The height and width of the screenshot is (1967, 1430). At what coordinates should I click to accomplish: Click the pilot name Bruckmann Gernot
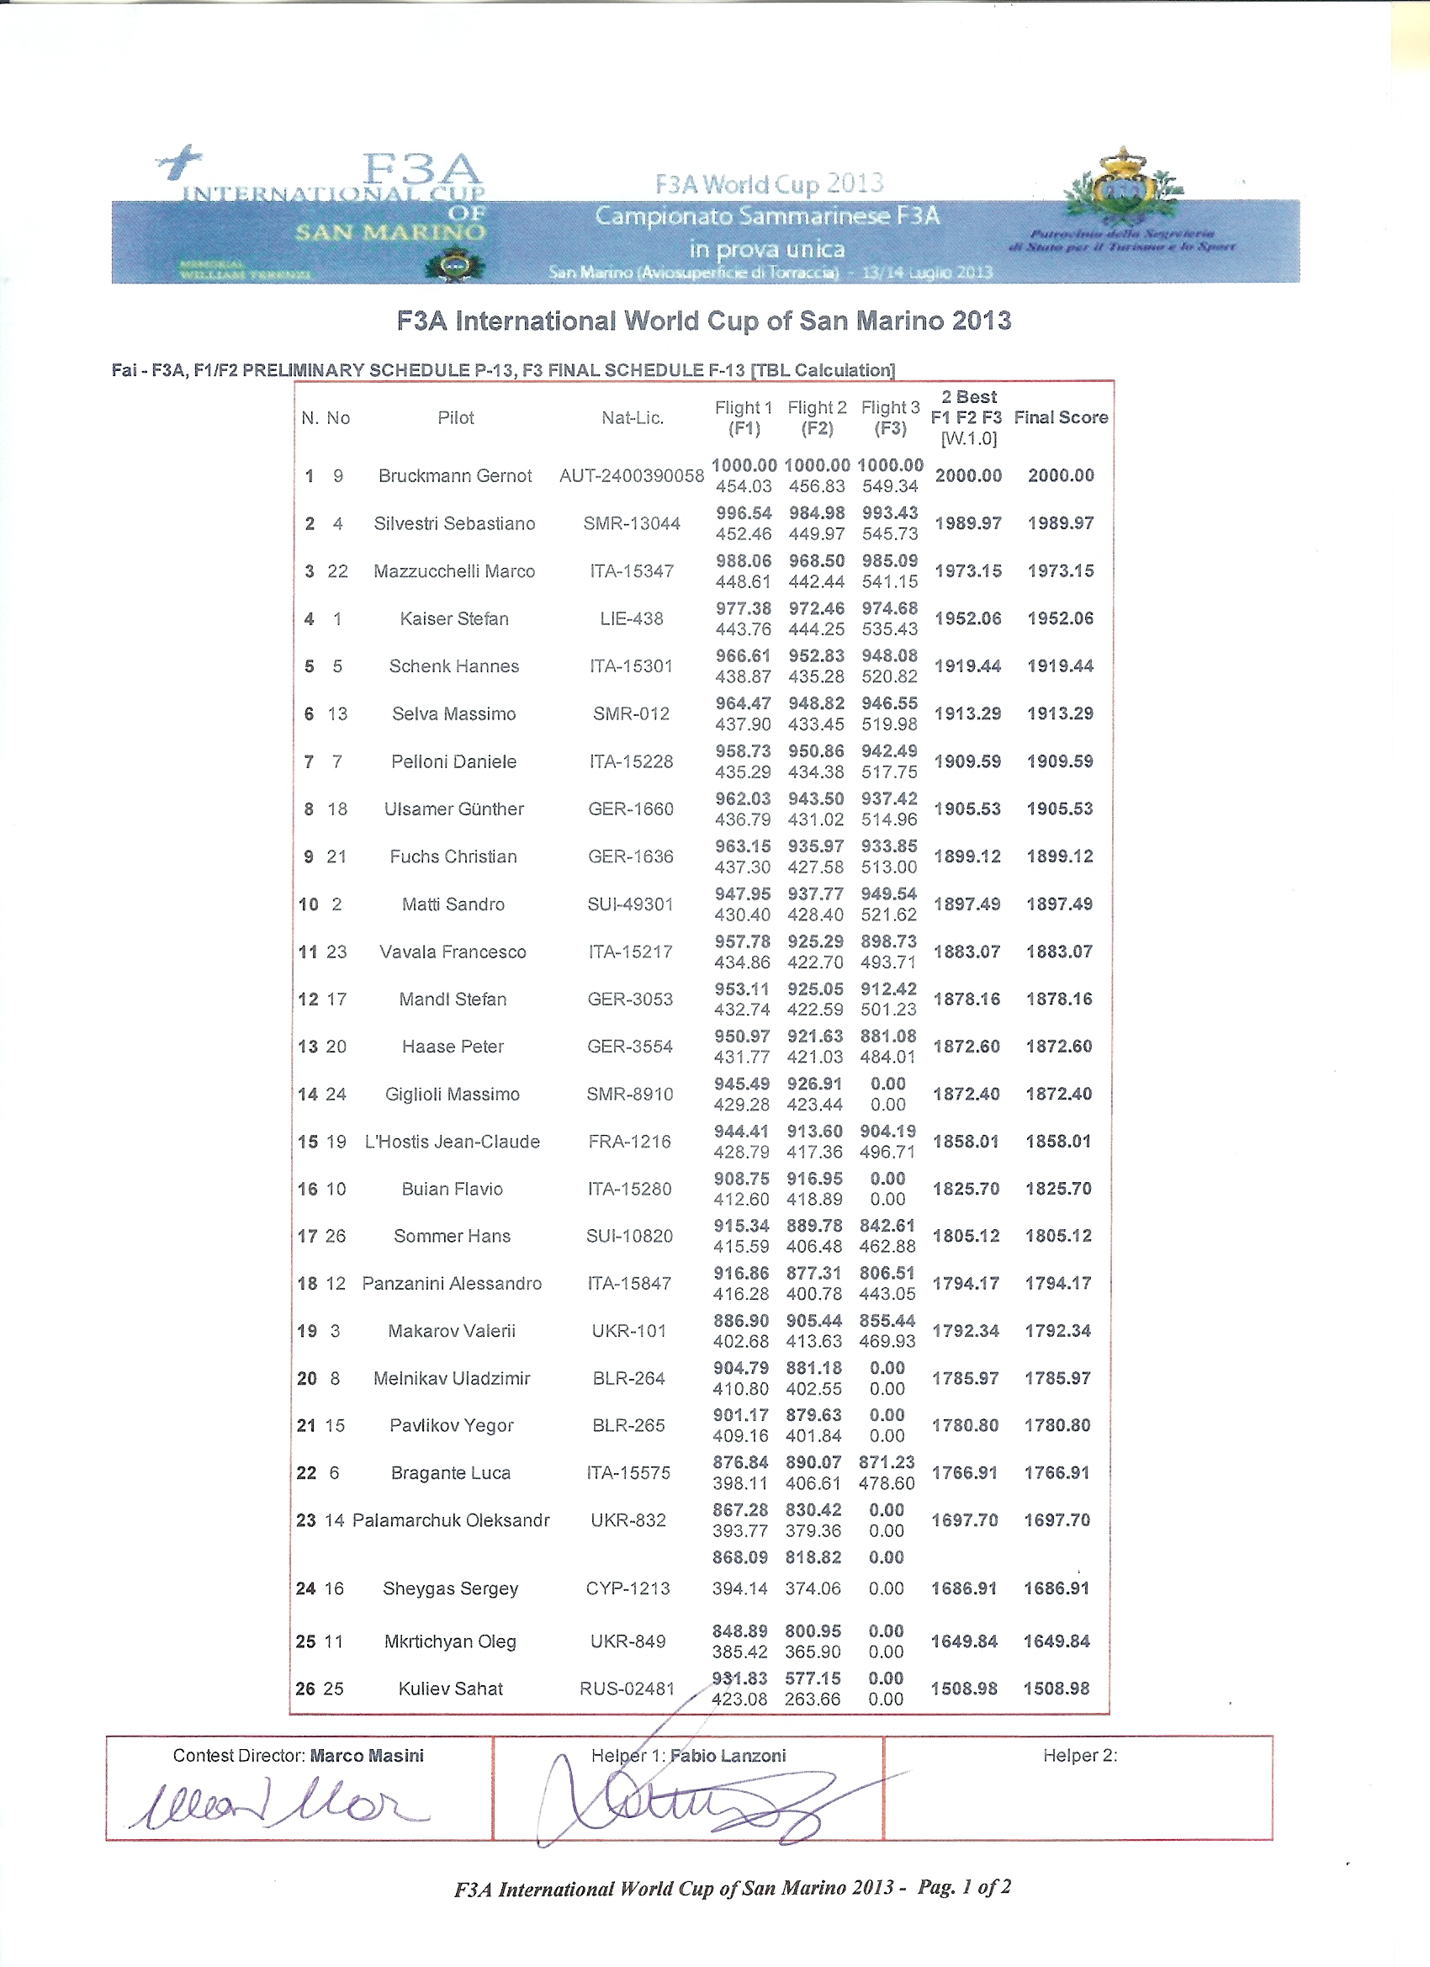pyautogui.click(x=454, y=475)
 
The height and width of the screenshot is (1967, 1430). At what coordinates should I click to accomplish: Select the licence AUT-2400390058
pyautogui.click(x=632, y=475)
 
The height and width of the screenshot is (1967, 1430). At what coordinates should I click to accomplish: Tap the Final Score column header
pyautogui.click(x=1061, y=417)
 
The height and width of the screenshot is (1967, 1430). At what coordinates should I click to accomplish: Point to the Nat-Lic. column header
pyautogui.click(x=633, y=418)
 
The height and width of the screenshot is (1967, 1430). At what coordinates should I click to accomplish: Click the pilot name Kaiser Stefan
pyautogui.click(x=453, y=618)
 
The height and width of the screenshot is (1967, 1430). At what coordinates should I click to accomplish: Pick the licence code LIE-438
pyautogui.click(x=632, y=618)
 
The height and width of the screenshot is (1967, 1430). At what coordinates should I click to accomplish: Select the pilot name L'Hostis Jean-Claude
pyautogui.click(x=452, y=1142)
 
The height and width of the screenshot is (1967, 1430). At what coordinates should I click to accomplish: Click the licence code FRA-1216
pyautogui.click(x=629, y=1142)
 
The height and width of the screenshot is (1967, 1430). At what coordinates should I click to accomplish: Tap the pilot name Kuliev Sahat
pyautogui.click(x=450, y=1689)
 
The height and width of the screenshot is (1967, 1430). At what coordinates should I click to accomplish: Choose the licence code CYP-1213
pyautogui.click(x=628, y=1588)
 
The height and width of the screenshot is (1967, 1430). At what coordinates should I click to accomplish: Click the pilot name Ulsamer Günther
pyautogui.click(x=453, y=809)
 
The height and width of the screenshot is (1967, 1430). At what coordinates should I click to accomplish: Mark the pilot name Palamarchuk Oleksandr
pyautogui.click(x=450, y=1520)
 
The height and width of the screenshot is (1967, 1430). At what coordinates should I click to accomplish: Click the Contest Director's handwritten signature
pyautogui.click(x=278, y=1805)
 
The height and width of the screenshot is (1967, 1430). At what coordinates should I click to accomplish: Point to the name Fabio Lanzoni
pyautogui.click(x=728, y=1755)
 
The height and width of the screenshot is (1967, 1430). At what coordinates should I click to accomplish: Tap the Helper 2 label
pyautogui.click(x=1080, y=1755)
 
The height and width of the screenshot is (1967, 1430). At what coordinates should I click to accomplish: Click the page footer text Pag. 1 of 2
pyautogui.click(x=963, y=1887)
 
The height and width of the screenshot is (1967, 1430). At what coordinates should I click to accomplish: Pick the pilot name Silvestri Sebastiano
pyautogui.click(x=454, y=523)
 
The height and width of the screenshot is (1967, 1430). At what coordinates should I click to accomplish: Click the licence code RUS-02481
pyautogui.click(x=627, y=1689)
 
